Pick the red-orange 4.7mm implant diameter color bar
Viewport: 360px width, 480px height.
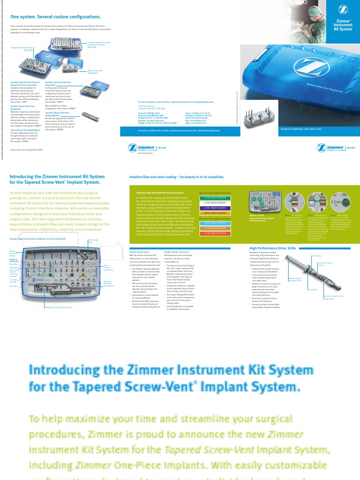214,232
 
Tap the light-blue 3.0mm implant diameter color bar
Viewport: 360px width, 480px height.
214,223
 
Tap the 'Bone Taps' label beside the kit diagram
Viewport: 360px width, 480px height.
13,285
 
